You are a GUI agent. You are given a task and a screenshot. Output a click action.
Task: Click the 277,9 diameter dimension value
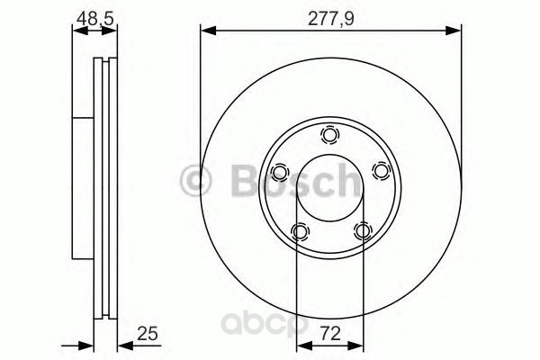point(330,19)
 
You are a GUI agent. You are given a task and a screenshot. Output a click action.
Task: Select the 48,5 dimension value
point(94,19)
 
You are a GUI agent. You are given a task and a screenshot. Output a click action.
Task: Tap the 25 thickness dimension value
point(148,334)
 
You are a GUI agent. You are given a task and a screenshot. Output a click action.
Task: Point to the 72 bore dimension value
point(330,334)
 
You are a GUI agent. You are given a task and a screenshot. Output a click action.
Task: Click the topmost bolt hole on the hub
point(330,135)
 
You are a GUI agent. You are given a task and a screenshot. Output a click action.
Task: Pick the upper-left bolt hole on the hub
point(279,172)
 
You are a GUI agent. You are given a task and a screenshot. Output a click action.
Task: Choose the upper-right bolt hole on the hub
point(382,171)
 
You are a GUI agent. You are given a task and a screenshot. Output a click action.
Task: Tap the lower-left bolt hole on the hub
point(300,231)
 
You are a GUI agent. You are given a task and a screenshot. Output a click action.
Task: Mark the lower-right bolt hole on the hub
point(363,230)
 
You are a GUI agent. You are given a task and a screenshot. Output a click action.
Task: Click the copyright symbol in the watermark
point(195,181)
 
